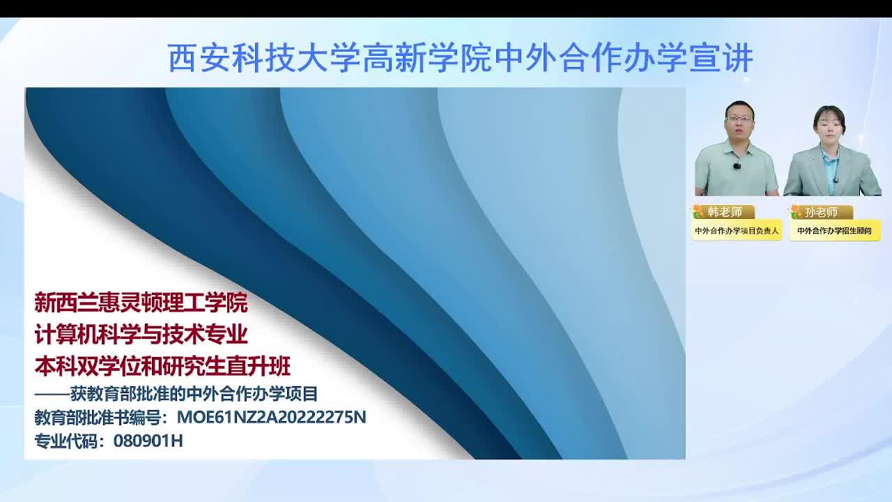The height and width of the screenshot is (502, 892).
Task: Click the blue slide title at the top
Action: pos(460,58)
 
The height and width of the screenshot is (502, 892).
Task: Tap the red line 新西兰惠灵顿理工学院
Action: pos(141,303)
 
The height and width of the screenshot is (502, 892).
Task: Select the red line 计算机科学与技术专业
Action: pos(141,335)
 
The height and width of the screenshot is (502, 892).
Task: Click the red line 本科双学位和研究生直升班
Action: pos(162,367)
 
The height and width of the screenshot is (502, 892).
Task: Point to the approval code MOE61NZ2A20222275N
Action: pos(271,417)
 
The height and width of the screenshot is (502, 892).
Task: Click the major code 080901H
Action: pos(148,441)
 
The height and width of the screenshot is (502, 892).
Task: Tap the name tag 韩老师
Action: pos(725,212)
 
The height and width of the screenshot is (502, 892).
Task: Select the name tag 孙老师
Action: pos(822,213)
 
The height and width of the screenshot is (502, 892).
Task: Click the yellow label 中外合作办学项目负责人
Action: pos(737,231)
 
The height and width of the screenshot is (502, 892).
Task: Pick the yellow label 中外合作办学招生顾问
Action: pos(835,231)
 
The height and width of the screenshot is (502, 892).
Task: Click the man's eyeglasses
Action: pos(739,119)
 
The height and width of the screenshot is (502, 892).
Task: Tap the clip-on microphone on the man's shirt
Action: pos(737,165)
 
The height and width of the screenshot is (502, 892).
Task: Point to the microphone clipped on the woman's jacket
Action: pos(836,180)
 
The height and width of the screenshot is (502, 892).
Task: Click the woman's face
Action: pos(829,128)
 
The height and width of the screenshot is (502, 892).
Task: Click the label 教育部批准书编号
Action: pos(101,417)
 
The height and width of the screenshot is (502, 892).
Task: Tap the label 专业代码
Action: pos(66,441)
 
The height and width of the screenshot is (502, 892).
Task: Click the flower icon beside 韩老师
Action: pos(698,212)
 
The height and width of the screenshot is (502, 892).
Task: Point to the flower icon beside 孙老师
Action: pos(796,212)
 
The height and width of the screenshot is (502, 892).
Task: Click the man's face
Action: pos(739,124)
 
